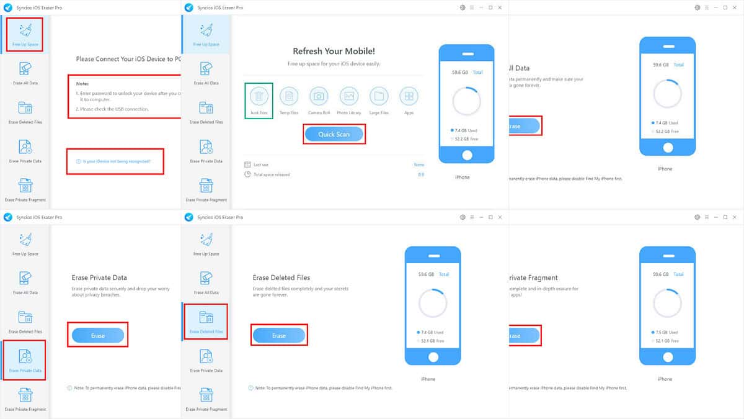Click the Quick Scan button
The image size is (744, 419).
tap(334, 134)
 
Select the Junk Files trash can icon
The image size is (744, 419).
tap(259, 96)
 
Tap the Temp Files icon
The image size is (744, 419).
tap(289, 96)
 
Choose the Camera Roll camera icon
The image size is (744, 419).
tap(319, 96)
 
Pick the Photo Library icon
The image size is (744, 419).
tap(349, 96)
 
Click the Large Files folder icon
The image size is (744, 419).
tap(379, 96)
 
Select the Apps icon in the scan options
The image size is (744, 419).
tap(409, 96)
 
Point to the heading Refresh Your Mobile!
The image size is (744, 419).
tap(334, 52)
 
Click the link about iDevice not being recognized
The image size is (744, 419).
tap(116, 161)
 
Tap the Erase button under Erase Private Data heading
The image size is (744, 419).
tap(98, 335)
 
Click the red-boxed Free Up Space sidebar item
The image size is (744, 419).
tap(25, 34)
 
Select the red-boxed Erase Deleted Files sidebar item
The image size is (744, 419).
tap(206, 322)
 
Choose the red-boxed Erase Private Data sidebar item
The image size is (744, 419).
tap(25, 360)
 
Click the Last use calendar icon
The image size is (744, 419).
tap(248, 164)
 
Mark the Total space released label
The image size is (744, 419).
tap(272, 174)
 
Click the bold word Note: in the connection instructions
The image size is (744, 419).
tap(82, 83)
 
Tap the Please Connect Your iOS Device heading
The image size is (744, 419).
tap(128, 59)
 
